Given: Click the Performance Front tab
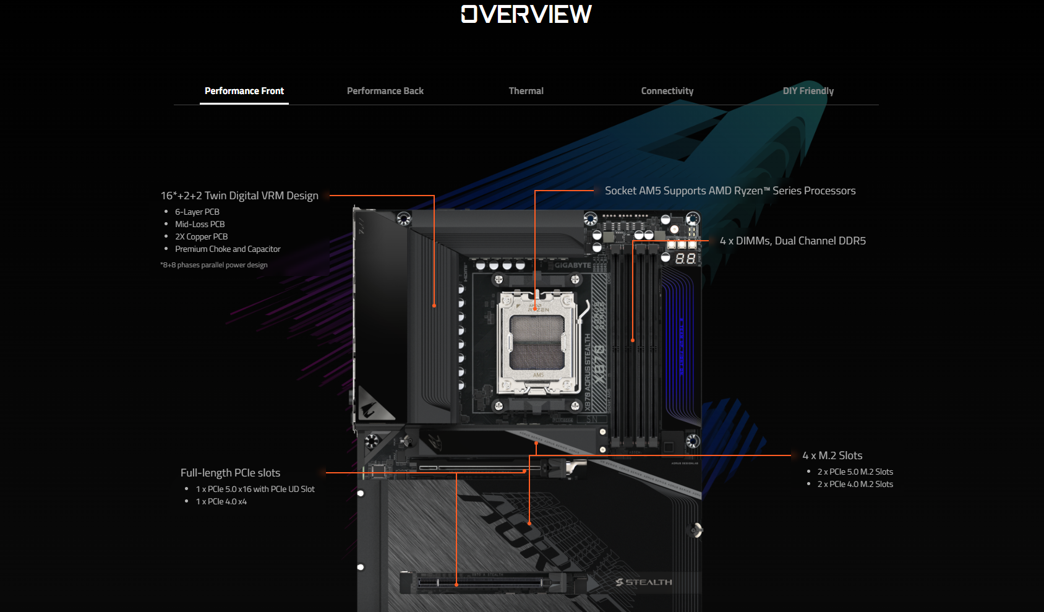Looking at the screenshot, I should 244,91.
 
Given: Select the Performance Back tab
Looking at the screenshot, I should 385,91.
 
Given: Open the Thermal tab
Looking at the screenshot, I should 526,91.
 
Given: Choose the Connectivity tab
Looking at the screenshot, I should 667,91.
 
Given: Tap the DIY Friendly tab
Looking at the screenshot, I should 808,91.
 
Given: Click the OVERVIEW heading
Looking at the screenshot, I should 526,14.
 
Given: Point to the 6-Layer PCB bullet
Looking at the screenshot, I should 197,212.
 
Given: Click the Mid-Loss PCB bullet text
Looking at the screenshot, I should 200,224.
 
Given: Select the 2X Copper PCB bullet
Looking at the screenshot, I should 202,236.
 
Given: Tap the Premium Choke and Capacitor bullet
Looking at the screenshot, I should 228,249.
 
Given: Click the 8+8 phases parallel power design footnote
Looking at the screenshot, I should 214,265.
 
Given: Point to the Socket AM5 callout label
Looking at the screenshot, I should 730,191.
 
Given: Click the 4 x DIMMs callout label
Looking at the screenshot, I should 793,241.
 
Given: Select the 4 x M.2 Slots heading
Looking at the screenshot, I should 832,455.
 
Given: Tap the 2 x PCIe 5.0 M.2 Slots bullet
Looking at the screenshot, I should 855,472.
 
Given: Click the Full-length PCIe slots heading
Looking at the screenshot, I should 230,473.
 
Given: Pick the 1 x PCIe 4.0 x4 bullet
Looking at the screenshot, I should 221,501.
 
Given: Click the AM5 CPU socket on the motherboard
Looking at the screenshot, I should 537,342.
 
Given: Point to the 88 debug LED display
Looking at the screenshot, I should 685,259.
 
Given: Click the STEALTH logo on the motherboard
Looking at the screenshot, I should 644,582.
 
